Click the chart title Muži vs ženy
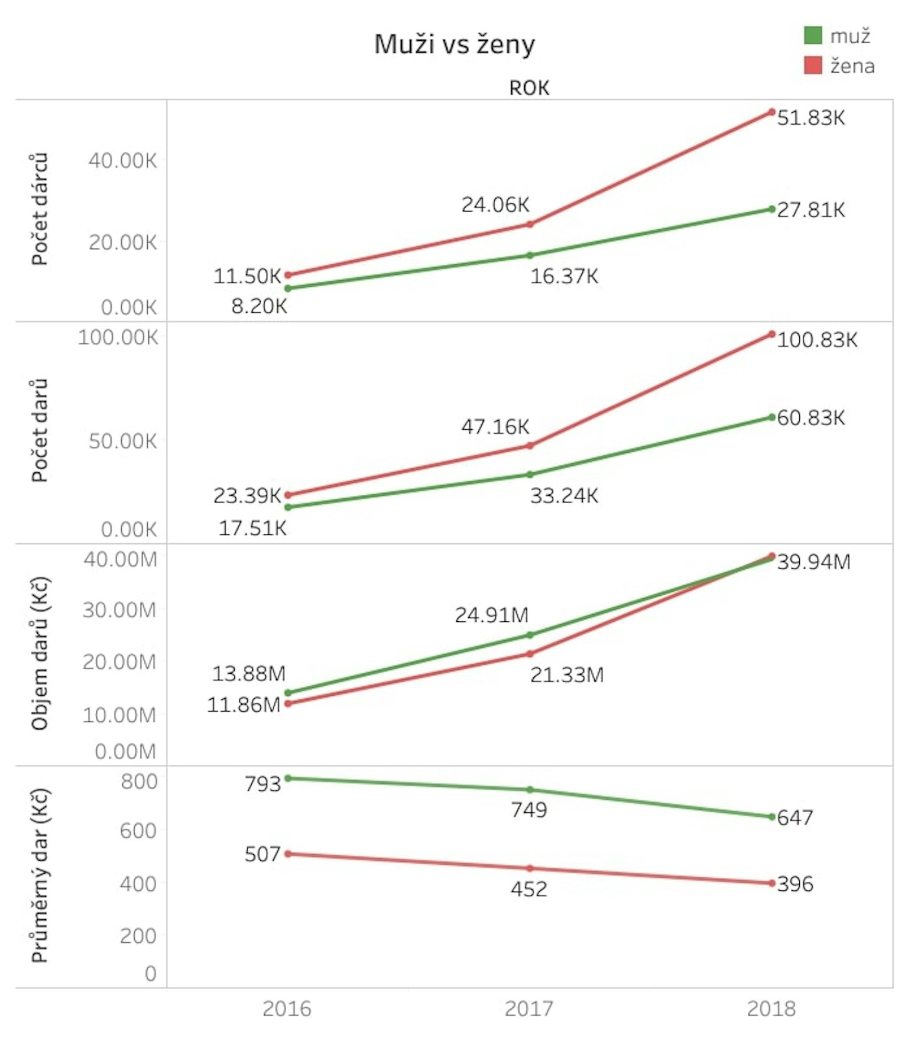[x=454, y=45]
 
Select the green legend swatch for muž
[x=813, y=35]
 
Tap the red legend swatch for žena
[x=813, y=65]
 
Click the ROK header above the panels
[x=529, y=88]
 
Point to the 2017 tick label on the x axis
[x=529, y=1008]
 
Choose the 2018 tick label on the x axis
[x=771, y=1008]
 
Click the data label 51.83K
[x=810, y=118]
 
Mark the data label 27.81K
[x=810, y=210]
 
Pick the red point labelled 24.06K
[x=530, y=224]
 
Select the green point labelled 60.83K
[x=771, y=417]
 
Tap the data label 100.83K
[x=817, y=340]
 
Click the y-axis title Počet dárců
[x=39, y=209]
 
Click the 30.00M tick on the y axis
[x=119, y=610]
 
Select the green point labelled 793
[x=288, y=778]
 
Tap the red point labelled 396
[x=771, y=883]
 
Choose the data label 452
[x=529, y=889]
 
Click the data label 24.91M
[x=492, y=615]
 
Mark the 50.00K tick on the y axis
[x=123, y=441]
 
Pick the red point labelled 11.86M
[x=288, y=703]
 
